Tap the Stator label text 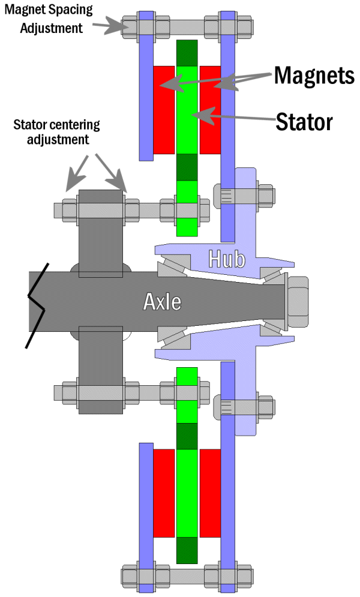304,122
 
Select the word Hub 226,259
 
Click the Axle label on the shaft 162,301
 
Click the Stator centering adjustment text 57,133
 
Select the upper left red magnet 163,109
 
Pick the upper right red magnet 210,109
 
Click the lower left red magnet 163,493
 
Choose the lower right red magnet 210,493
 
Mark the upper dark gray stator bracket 100,234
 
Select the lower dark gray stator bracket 100,370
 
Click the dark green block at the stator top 187,53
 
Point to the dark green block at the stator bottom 187,550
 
